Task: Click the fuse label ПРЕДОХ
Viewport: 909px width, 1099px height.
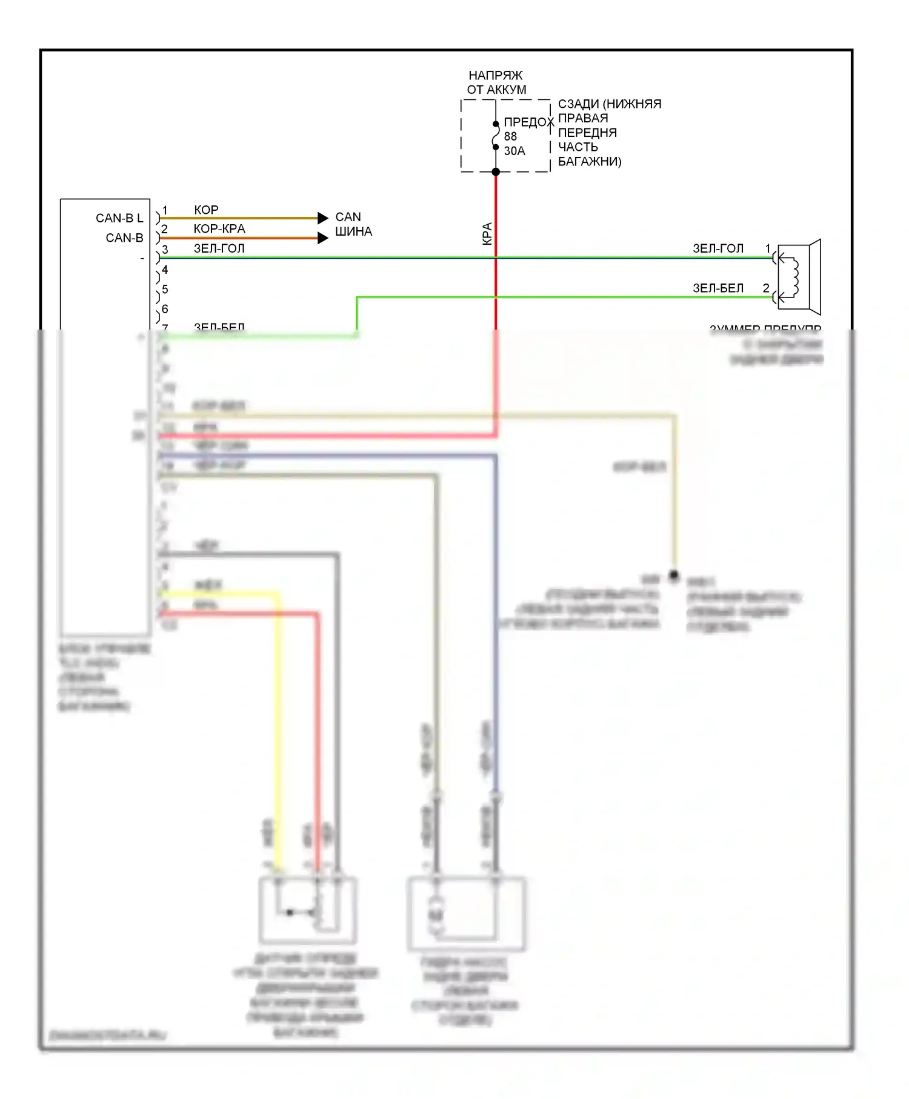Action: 528,122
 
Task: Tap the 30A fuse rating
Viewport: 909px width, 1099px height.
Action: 514,151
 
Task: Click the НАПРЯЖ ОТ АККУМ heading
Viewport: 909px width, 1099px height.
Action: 496,82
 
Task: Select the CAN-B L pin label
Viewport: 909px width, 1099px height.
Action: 119,218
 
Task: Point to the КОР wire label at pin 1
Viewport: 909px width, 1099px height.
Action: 206,210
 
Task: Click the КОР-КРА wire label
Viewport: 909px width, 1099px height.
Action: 219,228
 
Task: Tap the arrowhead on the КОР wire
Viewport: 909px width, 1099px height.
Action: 323,217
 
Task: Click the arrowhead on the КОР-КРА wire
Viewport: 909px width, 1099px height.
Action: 323,238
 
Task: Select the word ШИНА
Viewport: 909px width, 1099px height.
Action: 353,231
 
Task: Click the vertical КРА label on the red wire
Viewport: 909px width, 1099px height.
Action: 487,234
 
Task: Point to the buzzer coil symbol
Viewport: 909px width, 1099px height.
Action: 794,277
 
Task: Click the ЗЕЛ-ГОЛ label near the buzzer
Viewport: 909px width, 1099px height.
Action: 718,248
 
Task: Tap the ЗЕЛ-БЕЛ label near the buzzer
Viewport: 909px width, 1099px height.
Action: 718,288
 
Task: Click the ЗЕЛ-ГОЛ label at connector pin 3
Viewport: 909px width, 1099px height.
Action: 219,248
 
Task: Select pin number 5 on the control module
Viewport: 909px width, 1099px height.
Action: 165,290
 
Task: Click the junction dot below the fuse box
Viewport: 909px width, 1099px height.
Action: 496,172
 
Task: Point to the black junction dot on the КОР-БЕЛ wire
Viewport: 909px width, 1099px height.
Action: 673,575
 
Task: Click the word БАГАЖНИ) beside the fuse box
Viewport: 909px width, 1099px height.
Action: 590,162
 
